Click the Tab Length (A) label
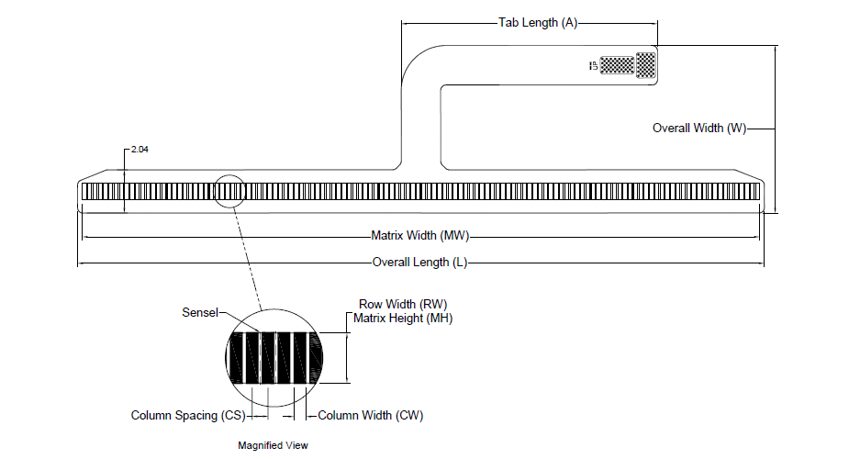tap(537, 22)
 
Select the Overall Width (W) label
tap(698, 129)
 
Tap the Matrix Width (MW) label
tap(419, 235)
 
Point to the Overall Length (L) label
tap(420, 263)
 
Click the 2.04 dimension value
tap(140, 149)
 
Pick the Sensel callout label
tap(199, 313)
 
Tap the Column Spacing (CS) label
tap(187, 416)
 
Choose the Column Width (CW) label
tap(370, 416)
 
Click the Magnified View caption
tap(274, 445)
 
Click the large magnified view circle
tap(274, 356)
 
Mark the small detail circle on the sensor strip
tap(229, 191)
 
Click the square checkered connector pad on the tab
tap(646, 64)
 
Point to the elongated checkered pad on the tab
tap(618, 65)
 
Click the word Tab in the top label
tap(508, 22)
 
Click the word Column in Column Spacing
tap(151, 416)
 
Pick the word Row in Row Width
tap(370, 304)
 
